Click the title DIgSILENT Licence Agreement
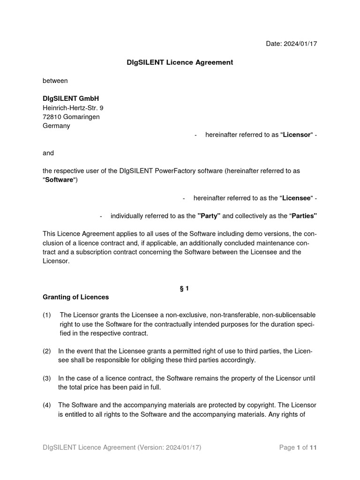[x=180, y=62]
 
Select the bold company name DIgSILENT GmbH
[x=71, y=99]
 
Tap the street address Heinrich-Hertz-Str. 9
[x=73, y=108]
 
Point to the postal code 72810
[x=52, y=117]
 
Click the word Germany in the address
[x=56, y=126]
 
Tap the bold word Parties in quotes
[x=303, y=216]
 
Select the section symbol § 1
[x=183, y=289]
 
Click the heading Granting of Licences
[x=75, y=297]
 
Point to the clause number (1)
[x=47, y=315]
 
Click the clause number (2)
[x=47, y=351]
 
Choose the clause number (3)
[x=47, y=378]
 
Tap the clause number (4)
[x=47, y=405]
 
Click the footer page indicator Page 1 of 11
[x=298, y=448]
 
